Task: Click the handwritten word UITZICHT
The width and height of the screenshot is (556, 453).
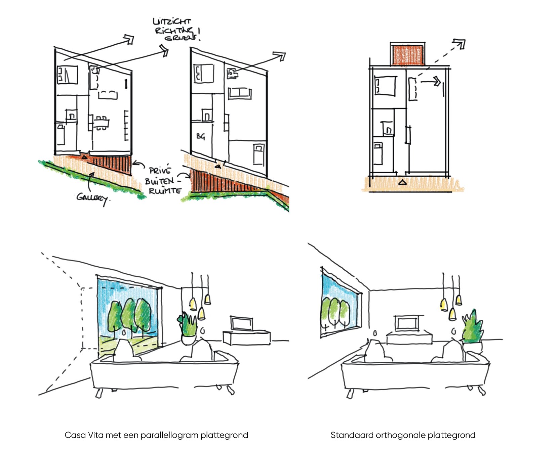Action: [x=171, y=22]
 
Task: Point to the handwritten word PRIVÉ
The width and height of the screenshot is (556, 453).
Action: [x=160, y=171]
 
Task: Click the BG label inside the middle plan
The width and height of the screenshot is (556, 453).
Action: [x=201, y=136]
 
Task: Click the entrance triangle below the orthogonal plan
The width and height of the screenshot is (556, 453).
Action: [x=402, y=183]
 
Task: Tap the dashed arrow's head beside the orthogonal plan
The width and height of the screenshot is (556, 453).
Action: [x=459, y=44]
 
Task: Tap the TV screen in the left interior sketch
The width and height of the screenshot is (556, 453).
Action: [x=242, y=324]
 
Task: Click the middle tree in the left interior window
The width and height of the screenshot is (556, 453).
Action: [x=129, y=314]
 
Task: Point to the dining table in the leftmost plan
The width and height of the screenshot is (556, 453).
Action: [x=101, y=123]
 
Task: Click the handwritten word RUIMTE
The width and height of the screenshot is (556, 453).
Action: [x=165, y=191]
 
